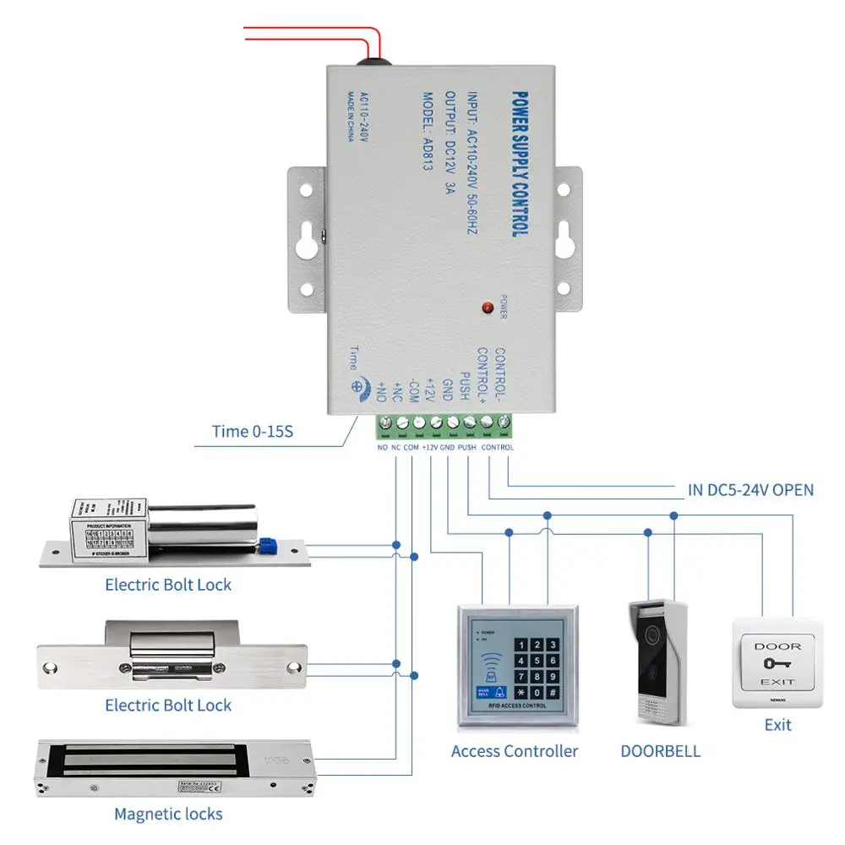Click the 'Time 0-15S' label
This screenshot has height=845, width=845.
[x=252, y=432]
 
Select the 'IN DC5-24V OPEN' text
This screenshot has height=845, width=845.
[x=750, y=489]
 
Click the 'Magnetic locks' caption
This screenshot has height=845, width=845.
[x=168, y=815]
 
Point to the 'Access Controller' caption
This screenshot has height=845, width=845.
[x=515, y=750]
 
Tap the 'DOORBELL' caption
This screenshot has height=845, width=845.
[x=661, y=750]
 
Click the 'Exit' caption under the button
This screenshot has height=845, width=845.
[x=777, y=725]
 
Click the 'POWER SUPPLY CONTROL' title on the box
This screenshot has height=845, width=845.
[x=519, y=160]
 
